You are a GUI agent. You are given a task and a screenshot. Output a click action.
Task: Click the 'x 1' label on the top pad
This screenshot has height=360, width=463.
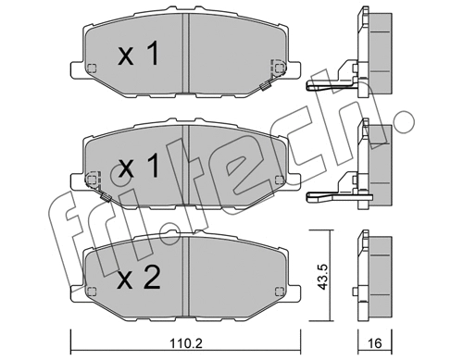(x=140, y=56)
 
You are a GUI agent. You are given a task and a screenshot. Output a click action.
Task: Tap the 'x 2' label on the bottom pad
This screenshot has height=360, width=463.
(x=140, y=276)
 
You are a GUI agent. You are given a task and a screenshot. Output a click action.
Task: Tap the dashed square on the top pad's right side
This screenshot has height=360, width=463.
(x=276, y=68)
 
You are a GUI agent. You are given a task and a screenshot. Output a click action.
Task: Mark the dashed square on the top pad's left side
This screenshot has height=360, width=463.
(x=90, y=68)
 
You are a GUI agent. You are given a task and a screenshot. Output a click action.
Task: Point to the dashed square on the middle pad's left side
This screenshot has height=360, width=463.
(x=90, y=179)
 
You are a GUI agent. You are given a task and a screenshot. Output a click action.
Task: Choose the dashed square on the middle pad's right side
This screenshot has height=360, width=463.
(x=276, y=179)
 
